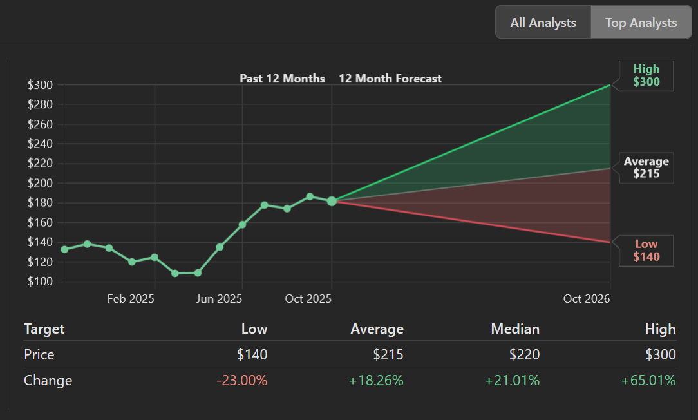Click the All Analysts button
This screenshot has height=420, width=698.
click(543, 23)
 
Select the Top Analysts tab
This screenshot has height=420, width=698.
click(641, 23)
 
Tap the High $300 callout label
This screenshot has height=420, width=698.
click(646, 75)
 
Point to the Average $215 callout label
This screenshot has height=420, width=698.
click(646, 167)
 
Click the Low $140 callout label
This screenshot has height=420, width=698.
click(646, 251)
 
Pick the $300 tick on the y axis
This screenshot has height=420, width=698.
click(41, 85)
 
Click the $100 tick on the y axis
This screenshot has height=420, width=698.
click(41, 282)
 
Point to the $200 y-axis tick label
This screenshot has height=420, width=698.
click(41, 183)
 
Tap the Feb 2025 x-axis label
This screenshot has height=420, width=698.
click(131, 299)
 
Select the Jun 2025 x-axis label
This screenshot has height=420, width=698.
click(219, 299)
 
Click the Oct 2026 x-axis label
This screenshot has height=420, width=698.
click(586, 299)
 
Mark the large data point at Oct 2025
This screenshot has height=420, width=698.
click(332, 202)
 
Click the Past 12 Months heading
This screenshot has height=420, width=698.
click(282, 79)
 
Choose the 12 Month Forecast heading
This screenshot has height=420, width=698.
click(390, 79)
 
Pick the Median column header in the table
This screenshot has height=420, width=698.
click(515, 329)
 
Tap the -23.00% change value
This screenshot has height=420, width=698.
click(242, 381)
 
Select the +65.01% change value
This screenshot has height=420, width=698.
click(648, 381)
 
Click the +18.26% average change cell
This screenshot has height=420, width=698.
click(376, 381)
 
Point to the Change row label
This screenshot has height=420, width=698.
click(48, 381)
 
